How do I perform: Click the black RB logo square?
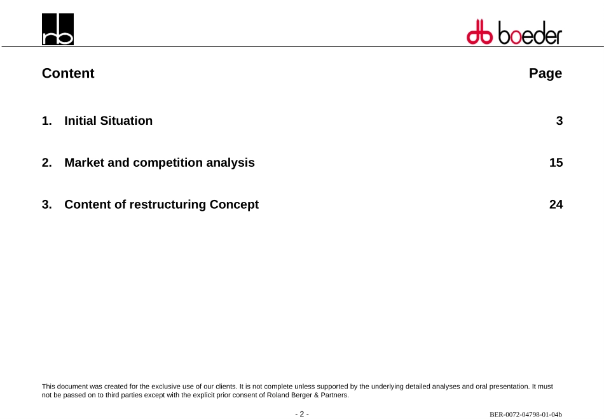pos(58,29)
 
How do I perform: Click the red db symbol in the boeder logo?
pos(479,32)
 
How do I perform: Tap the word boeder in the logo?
pos(530,32)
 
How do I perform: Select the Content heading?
pos(68,73)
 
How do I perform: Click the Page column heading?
pos(546,73)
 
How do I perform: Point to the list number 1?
pos(46,121)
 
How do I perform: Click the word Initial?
pos(81,121)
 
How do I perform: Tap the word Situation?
pos(127,121)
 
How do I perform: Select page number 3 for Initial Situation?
pos(559,121)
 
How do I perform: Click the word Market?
pos(85,162)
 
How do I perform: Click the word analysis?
pos(230,163)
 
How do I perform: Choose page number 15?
pos(556,162)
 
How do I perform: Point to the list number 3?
pos(46,204)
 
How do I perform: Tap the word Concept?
pos(234,205)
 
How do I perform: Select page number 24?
pos(556,204)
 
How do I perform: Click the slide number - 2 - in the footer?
pos(302,414)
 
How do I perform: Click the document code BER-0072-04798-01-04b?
pos(526,415)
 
